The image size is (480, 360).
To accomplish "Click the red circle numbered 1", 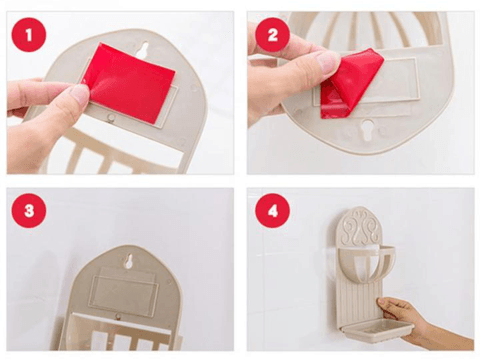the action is [x=29, y=35].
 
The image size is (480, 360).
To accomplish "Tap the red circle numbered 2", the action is [x=273, y=35].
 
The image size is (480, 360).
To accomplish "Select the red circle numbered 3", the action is [x=29, y=211].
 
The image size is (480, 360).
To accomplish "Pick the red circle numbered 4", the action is [x=273, y=211].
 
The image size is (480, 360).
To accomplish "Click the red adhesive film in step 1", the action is [x=130, y=83].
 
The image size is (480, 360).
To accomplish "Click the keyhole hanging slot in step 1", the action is [x=144, y=49].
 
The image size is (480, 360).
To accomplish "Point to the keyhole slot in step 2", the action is [x=368, y=130].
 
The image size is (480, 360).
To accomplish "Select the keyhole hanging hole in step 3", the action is [x=129, y=261].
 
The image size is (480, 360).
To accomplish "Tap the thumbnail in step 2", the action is [x=327, y=63].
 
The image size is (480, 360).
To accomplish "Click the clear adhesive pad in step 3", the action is [x=123, y=290].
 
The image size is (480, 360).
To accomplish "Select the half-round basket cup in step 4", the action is [x=367, y=263].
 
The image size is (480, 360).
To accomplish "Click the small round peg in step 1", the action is [x=111, y=117].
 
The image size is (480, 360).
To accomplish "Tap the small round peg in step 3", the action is [x=117, y=316].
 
